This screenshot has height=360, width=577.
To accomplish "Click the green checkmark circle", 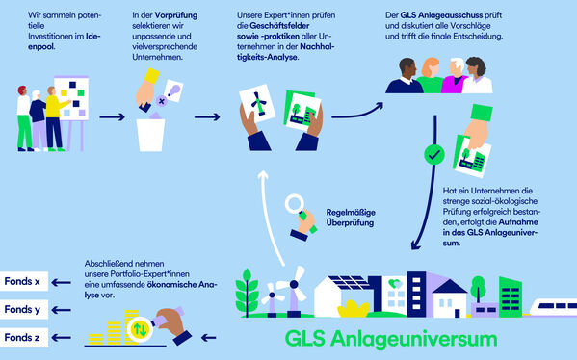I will (434, 153).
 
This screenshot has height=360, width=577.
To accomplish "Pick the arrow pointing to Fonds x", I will (64, 282).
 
